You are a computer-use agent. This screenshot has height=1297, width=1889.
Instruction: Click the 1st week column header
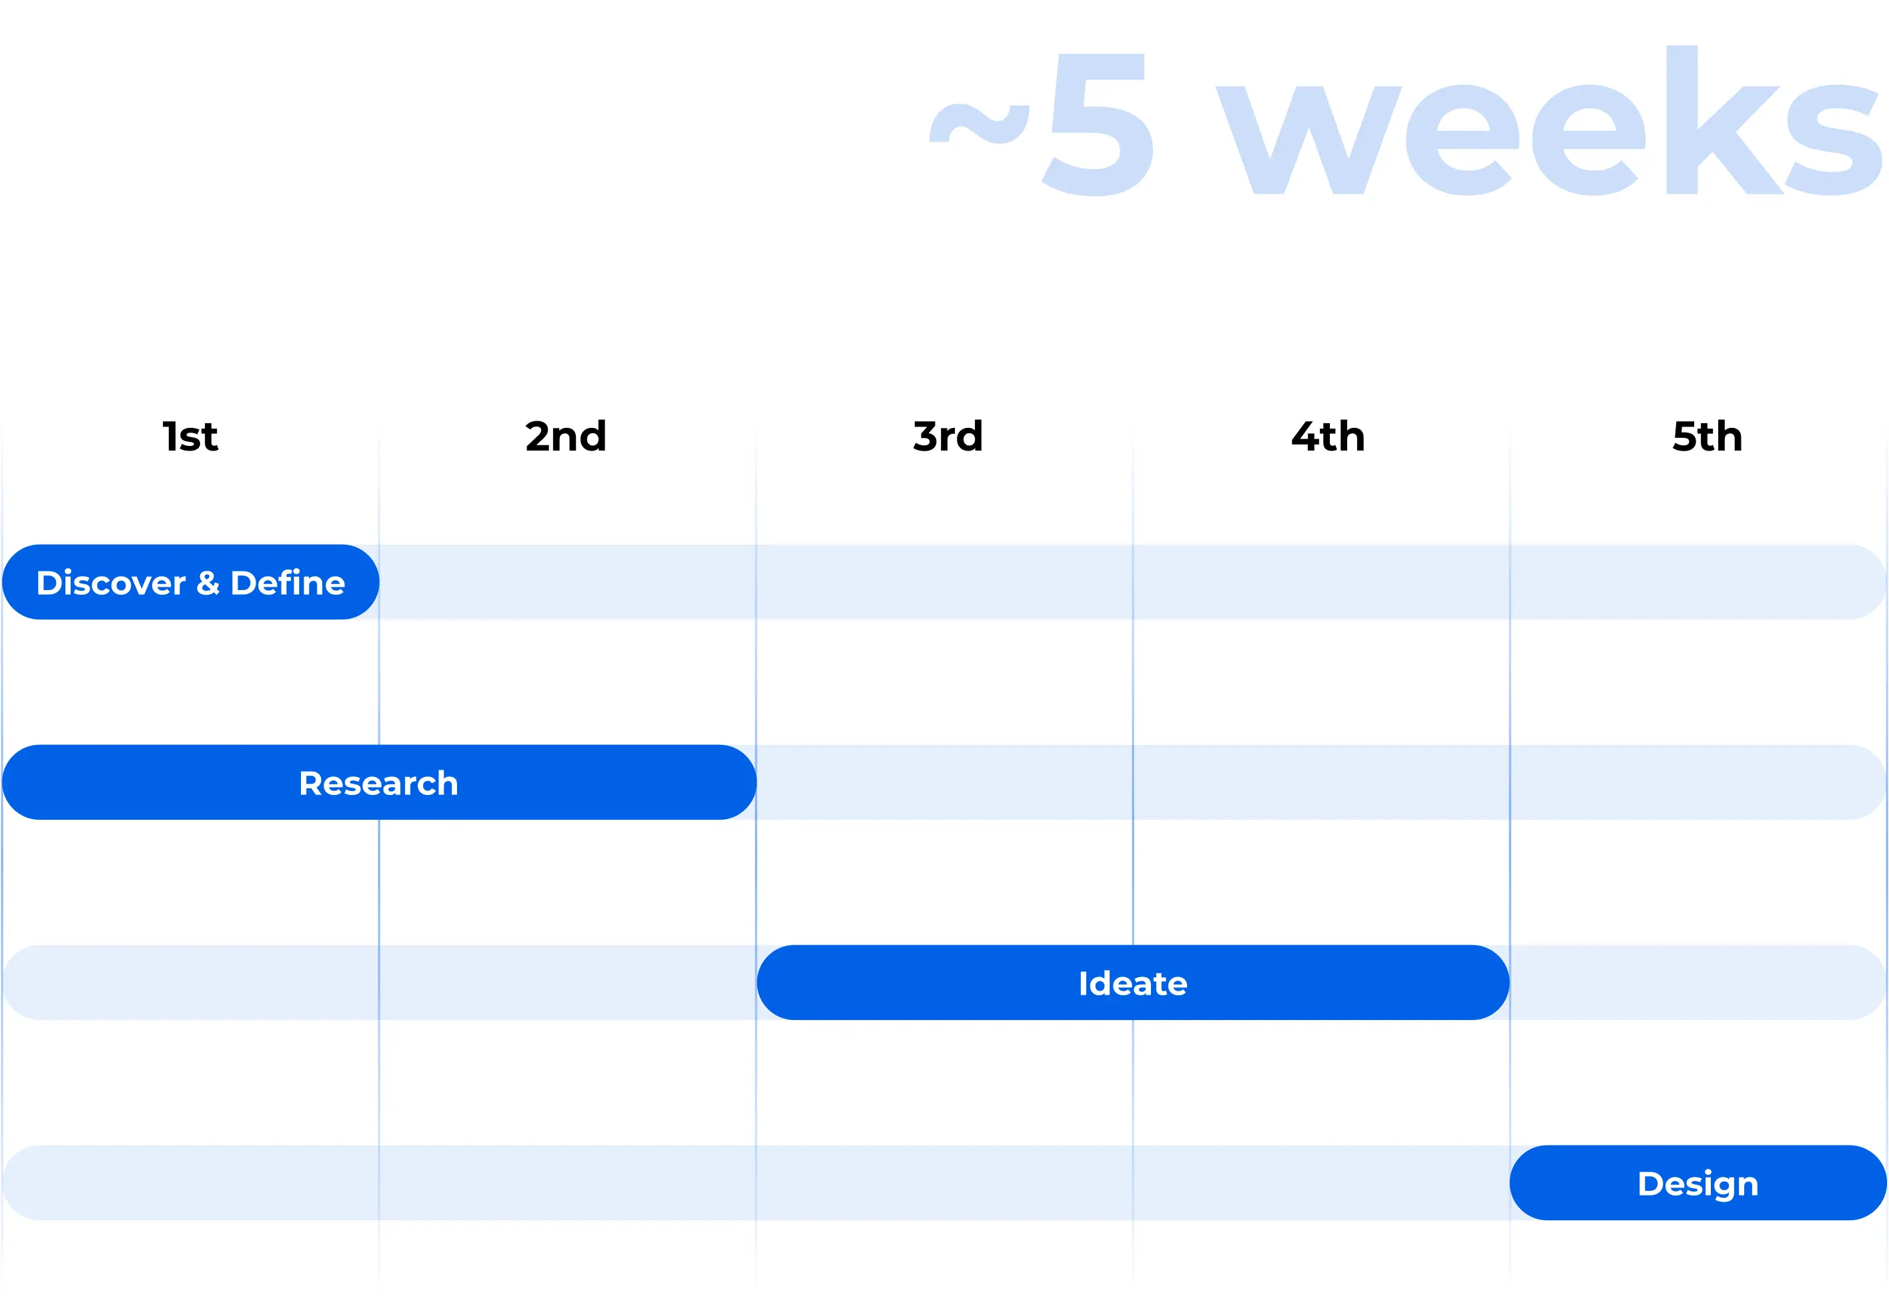190,437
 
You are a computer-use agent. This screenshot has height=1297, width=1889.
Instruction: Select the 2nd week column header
566,437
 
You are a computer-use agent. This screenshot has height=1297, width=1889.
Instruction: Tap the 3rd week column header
948,437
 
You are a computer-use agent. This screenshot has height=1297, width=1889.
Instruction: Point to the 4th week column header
1328,437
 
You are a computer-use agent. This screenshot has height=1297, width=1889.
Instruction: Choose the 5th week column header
1708,437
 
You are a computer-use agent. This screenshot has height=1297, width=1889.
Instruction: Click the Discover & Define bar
191,582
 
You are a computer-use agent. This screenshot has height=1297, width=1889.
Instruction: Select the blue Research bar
380,782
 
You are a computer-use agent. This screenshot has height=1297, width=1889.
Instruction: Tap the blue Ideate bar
1133,983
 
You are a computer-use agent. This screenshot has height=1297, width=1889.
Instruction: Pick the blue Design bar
1698,1182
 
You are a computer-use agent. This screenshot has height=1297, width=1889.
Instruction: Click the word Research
379,783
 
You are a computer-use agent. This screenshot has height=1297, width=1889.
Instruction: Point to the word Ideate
1133,983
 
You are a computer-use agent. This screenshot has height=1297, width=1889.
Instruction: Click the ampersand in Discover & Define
208,583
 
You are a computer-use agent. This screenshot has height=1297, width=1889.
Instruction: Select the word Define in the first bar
288,582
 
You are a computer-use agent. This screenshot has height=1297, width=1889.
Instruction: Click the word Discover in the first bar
111,583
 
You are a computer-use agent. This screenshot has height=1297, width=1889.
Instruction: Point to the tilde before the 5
980,123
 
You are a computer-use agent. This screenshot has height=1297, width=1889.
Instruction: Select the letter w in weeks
1308,140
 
